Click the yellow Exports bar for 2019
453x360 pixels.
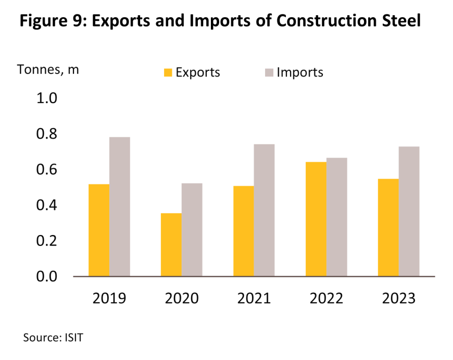(x=99, y=230)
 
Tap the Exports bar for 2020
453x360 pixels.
(x=171, y=244)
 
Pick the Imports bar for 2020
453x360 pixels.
(x=192, y=229)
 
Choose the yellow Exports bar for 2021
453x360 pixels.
(x=244, y=231)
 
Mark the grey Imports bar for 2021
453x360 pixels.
(x=264, y=210)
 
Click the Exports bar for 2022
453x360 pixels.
(x=316, y=219)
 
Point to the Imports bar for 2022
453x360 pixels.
(x=336, y=217)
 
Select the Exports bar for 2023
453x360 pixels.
(x=388, y=227)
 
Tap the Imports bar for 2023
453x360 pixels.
(x=409, y=211)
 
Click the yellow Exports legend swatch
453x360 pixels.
(x=168, y=72)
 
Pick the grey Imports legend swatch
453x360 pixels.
(x=269, y=72)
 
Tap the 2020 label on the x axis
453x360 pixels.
(x=182, y=299)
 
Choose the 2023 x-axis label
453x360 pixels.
(x=399, y=299)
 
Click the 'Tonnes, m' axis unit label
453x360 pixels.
(x=48, y=69)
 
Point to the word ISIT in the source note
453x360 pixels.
(x=73, y=338)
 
